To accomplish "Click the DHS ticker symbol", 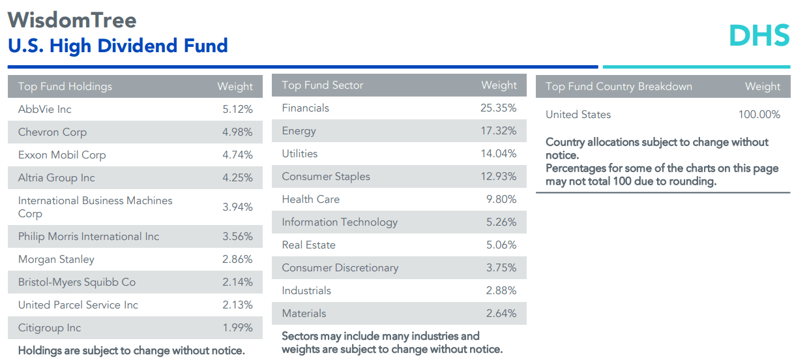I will (759, 35).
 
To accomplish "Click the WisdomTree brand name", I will (72, 20).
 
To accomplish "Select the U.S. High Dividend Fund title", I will (118, 46).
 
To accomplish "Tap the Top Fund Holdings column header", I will (65, 87).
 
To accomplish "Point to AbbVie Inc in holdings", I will (45, 110).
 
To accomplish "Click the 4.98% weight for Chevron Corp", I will (237, 132).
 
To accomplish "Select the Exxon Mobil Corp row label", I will (62, 155).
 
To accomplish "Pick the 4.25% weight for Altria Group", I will (237, 178).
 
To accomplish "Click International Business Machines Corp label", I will (95, 207).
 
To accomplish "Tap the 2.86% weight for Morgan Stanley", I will (237, 260).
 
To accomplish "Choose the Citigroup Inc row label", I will (50, 328).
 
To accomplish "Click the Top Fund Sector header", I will (323, 85).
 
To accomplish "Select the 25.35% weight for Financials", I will (498, 108).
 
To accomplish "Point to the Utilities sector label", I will (300, 154).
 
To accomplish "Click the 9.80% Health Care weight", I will (501, 200).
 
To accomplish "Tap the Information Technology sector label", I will (340, 222).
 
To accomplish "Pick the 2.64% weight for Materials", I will (501, 314).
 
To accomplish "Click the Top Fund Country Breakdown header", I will (619, 87).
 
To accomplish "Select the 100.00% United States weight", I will (759, 115).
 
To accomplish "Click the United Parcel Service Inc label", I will (78, 305).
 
